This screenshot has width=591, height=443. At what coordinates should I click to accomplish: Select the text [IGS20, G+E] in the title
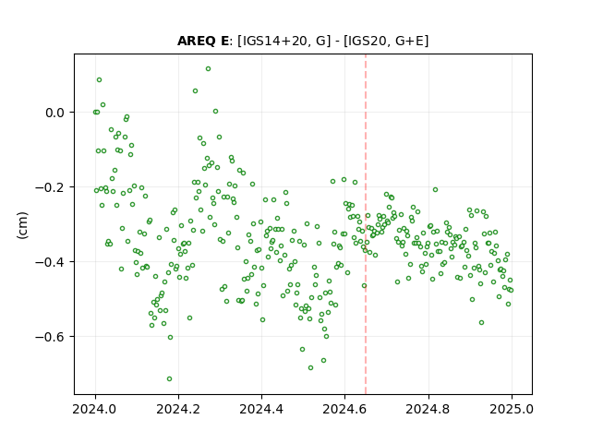386,41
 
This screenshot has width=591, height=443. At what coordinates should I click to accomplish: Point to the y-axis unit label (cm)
22,225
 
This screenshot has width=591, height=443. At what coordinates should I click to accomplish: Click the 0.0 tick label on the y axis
54,113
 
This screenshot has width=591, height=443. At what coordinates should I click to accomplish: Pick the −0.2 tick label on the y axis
50,187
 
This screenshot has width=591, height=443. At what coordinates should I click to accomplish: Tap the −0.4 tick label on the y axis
50,262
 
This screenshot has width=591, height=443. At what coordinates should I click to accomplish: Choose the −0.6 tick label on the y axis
50,336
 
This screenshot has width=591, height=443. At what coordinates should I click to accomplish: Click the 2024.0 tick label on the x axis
95,409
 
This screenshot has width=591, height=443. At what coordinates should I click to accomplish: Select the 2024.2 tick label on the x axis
178,409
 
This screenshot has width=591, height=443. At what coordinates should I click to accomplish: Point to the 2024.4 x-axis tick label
261,409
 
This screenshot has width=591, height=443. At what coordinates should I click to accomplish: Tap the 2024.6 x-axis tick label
344,409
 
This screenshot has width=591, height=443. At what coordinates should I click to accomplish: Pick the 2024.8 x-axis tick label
428,409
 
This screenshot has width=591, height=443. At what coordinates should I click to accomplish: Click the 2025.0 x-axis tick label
512,409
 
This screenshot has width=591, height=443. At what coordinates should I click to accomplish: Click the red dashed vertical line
366,224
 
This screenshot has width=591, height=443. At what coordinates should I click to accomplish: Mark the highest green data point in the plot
208,69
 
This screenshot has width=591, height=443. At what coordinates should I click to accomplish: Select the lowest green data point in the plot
169,378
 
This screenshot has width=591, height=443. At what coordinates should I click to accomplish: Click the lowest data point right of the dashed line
481,322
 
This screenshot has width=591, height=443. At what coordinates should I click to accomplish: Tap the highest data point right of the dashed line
435,189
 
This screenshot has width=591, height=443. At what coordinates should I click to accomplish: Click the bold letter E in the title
224,41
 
